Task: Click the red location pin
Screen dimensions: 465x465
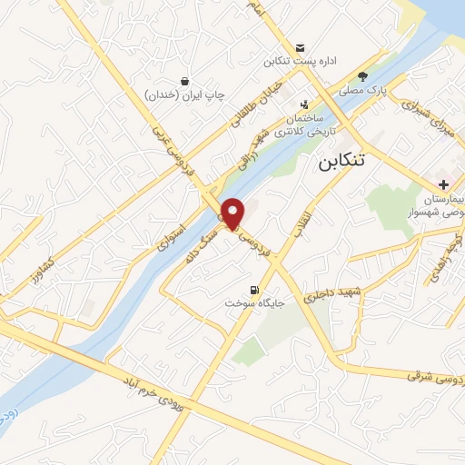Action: pyautogui.click(x=233, y=213)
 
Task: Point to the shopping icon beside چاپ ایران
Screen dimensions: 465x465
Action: pyautogui.click(x=185, y=81)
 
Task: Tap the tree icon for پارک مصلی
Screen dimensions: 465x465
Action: pyautogui.click(x=363, y=76)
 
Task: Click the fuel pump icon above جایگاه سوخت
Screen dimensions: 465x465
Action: pyautogui.click(x=241, y=290)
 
